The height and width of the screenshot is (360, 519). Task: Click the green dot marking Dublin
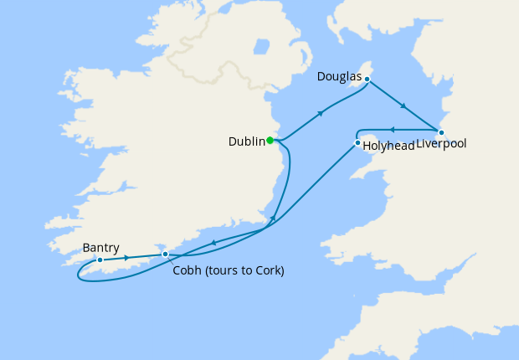pos(270,141)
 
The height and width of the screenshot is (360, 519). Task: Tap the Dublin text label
pos(247,142)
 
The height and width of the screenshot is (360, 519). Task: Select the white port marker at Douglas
pos(367,79)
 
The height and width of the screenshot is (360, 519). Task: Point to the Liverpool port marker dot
pos(441,132)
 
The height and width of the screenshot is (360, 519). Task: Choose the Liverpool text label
pos(441,145)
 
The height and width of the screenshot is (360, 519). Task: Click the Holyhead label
pos(388,146)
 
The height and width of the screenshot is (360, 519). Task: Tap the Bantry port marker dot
pos(99,260)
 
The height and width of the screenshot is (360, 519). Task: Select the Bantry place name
pos(101,248)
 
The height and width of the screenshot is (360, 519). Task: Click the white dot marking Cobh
pos(165,254)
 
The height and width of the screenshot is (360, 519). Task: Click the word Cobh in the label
pos(187,270)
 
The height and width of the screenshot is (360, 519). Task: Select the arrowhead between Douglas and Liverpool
pos(403,105)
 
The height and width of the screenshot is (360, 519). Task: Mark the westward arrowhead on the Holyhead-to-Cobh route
pos(213,243)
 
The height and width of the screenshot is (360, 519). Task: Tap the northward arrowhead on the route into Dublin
pos(273,219)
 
